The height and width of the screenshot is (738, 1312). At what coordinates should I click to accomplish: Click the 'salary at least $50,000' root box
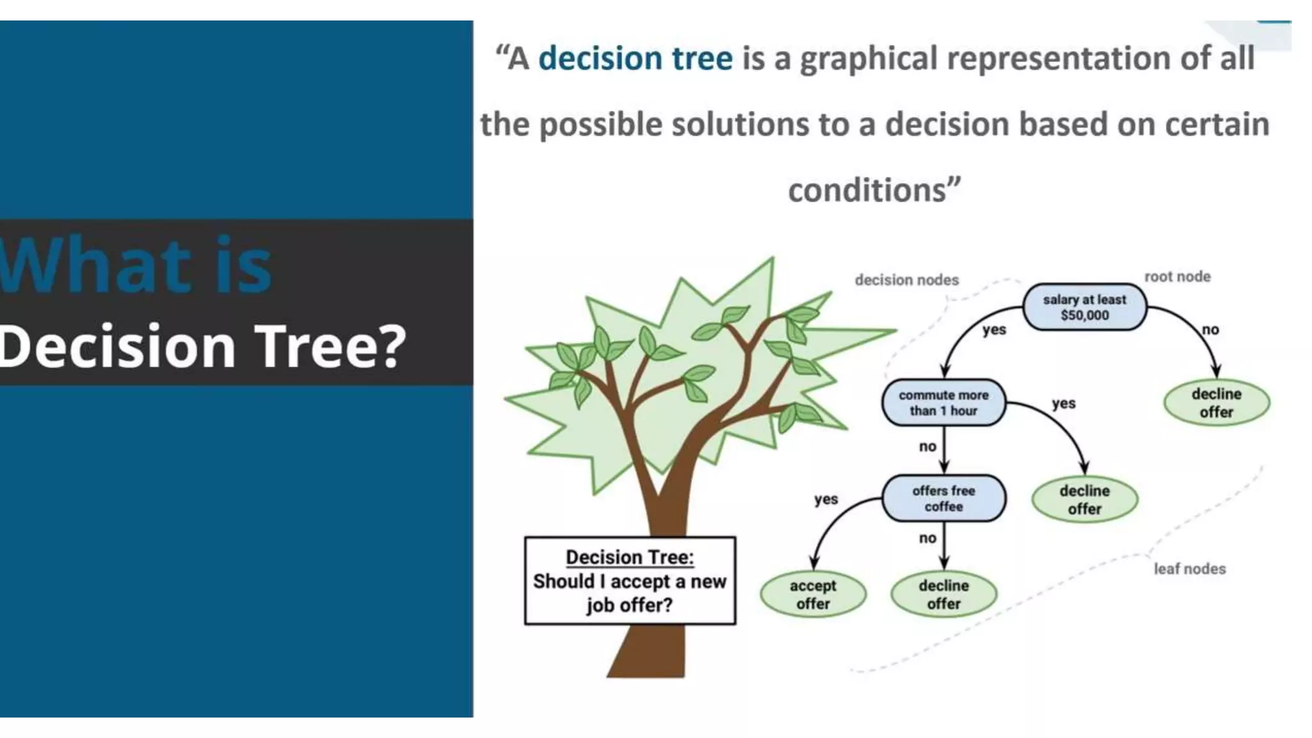click(x=1084, y=307)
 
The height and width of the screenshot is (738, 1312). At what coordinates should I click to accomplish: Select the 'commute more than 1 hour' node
click(x=943, y=403)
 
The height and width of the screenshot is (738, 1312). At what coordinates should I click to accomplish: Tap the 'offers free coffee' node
click(x=944, y=498)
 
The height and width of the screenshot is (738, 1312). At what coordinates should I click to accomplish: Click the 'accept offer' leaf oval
click(x=813, y=594)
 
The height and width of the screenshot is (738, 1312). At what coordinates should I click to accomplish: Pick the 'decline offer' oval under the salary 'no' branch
click(x=1216, y=403)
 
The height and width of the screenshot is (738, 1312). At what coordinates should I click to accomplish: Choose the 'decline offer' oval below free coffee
click(x=944, y=594)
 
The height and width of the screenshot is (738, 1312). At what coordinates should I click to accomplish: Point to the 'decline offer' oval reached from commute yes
click(x=1084, y=500)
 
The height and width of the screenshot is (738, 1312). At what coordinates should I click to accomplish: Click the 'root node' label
click(x=1177, y=277)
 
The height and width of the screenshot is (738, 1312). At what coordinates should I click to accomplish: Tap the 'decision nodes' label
click(x=906, y=280)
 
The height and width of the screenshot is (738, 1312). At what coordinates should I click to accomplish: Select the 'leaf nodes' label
click(x=1190, y=569)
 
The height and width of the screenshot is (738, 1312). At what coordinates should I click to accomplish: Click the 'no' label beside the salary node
click(x=1210, y=330)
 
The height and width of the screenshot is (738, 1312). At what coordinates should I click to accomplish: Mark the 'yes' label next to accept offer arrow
click(x=826, y=499)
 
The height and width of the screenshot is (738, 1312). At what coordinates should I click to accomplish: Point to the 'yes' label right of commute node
click(x=1063, y=404)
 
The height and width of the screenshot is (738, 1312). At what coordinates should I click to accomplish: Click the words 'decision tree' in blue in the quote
click(x=635, y=58)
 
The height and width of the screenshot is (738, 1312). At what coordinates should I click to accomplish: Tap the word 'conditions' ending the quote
click(x=867, y=190)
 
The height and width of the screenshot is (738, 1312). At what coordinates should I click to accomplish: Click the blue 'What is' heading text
click(x=136, y=265)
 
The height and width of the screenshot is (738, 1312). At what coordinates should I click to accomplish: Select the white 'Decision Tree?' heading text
click(x=202, y=346)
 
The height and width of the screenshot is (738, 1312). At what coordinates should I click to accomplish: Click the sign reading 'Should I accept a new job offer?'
click(x=630, y=581)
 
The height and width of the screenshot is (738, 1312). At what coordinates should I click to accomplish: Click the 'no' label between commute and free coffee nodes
click(x=927, y=447)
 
